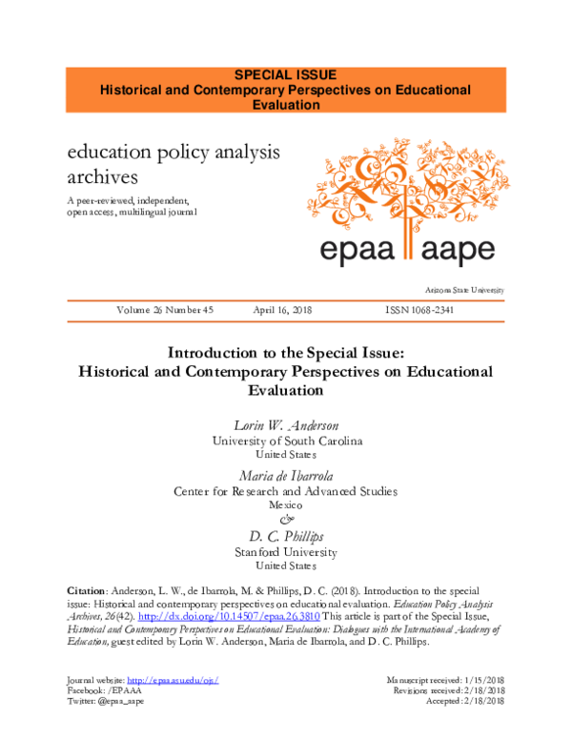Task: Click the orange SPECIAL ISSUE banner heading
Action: tap(285, 73)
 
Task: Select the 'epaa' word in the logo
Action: tap(355, 249)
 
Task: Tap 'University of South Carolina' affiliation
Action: tap(285, 441)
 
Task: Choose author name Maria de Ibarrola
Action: tap(285, 474)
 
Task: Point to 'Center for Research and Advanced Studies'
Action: tap(285, 490)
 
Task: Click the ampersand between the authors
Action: tap(285, 520)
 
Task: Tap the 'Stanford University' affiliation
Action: tap(285, 551)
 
